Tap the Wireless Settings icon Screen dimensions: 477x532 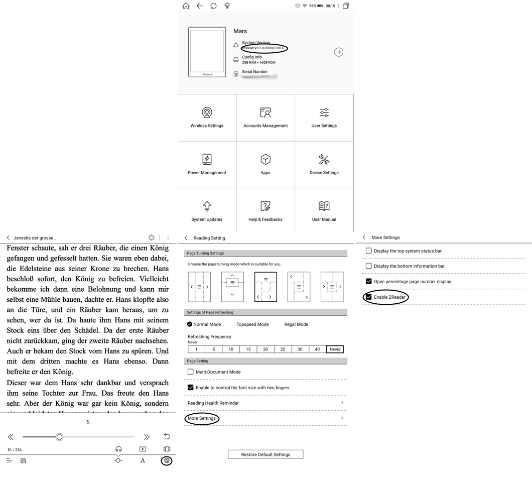pos(207,112)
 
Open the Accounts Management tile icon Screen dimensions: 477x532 pos(265,112)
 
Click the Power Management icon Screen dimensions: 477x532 pos(207,159)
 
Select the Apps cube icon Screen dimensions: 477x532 pos(265,159)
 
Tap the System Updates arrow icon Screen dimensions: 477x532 pos(207,206)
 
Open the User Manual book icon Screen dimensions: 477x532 pos(324,206)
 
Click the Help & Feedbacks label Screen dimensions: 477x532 pos(265,219)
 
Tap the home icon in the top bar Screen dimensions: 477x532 pos(186,6)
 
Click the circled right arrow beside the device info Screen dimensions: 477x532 pos(339,52)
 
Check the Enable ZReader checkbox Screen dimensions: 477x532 pos(369,297)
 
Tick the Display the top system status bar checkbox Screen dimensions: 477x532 pos(369,251)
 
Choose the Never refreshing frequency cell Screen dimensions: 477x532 pos(335,349)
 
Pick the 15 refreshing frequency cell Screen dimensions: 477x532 pos(248,349)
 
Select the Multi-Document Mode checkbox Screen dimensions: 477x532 pos(191,372)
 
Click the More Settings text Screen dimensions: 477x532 pos(202,418)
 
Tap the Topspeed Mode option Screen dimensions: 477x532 pos(252,324)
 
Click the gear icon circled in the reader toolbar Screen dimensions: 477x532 pos(167,460)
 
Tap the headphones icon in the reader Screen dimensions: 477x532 pos(118,449)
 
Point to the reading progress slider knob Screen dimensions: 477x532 pos(59,437)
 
